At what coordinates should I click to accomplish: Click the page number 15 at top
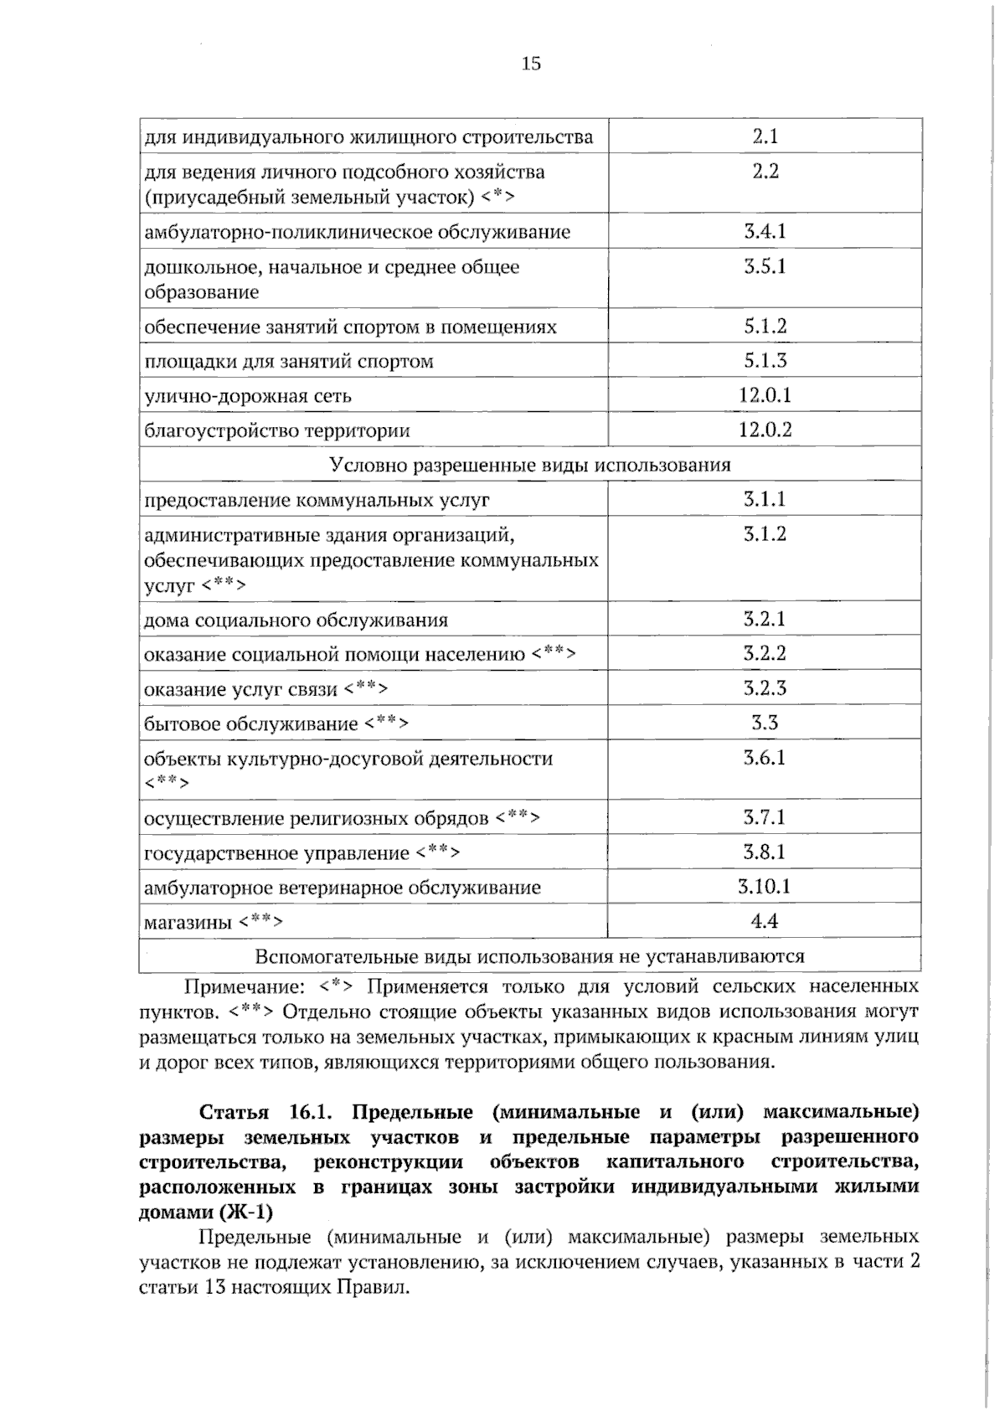531,64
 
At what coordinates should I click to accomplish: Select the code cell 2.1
765,136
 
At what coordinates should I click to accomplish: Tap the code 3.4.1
765,232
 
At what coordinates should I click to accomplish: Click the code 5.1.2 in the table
765,327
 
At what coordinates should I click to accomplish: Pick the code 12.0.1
765,395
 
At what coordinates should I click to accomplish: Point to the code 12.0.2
765,430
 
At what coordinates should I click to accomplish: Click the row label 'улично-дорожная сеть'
248,396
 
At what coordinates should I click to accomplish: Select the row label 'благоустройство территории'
277,431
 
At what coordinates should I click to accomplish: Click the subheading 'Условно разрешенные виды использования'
530,465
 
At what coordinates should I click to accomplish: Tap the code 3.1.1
765,500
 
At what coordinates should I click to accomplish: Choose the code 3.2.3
765,688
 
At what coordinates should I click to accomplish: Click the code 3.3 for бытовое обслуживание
765,723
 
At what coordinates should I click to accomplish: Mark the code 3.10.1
765,887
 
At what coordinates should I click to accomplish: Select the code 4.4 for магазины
765,921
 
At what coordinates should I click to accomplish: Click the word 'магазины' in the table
188,923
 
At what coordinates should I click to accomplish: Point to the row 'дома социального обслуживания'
296,620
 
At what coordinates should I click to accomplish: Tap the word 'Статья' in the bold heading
234,1112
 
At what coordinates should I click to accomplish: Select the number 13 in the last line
214,1287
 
